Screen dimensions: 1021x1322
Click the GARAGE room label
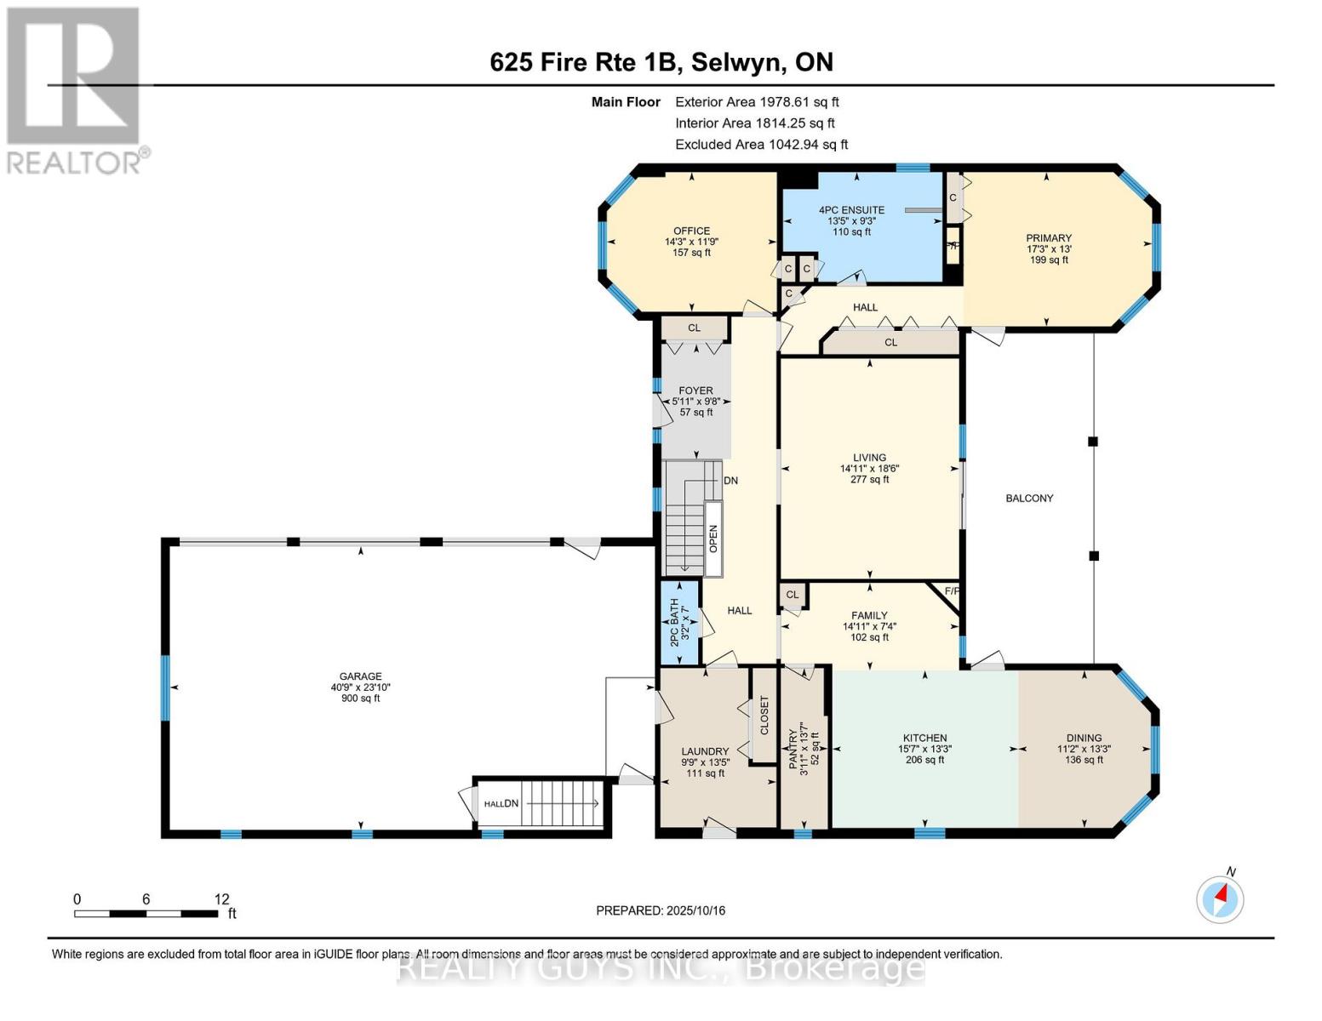[360, 676]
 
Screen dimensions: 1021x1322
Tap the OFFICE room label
[691, 231]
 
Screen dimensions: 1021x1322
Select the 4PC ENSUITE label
[851, 210]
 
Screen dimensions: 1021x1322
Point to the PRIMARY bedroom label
[1048, 238]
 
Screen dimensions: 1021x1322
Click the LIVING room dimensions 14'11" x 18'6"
[869, 468]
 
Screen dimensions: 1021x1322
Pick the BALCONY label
[1029, 498]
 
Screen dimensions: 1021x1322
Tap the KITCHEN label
[924, 738]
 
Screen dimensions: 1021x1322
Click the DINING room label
[1084, 738]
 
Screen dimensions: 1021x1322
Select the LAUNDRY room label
[705, 751]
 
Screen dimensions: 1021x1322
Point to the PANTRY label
[793, 749]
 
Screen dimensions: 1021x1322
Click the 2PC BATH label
[674, 622]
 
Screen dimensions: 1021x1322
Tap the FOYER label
[695, 391]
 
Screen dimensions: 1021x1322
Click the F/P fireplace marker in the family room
[952, 591]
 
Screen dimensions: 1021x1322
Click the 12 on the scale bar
[221, 898]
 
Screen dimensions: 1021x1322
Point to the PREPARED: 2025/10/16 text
[661, 910]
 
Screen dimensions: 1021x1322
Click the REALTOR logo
[74, 89]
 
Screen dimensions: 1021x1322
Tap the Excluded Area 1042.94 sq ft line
[761, 145]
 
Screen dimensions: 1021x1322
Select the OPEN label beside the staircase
[713, 538]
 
